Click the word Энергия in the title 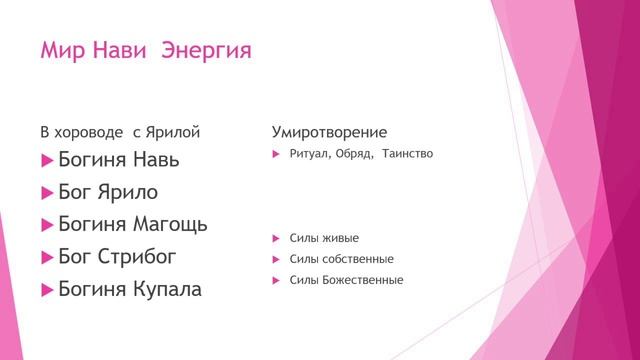coord(207,49)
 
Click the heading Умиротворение coord(330,132)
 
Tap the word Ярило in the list coord(126,192)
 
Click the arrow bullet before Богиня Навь coord(46,160)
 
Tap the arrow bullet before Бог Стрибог coord(46,258)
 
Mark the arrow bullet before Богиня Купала coord(46,291)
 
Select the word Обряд coord(353,154)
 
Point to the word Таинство coord(406,154)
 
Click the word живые coord(341,238)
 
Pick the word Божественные coord(363,280)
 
